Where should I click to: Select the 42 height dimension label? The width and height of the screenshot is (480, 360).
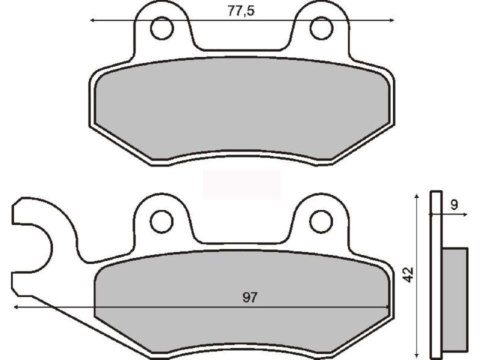tap(409, 274)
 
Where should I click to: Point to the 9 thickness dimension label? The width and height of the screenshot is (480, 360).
tap(454, 204)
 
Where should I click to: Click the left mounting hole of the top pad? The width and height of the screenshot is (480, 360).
tap(161, 28)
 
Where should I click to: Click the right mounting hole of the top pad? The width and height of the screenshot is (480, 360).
tap(321, 28)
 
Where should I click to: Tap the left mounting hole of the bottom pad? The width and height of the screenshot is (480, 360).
tap(161, 221)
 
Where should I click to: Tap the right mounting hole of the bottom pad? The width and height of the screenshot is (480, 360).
tap(321, 221)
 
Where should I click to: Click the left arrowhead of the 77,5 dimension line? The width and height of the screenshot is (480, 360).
tap(92, 20)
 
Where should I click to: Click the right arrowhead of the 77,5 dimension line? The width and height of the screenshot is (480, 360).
tap(392, 20)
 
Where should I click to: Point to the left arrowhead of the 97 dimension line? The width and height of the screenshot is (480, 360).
tap(16, 307)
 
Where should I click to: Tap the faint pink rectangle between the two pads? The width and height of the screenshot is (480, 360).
tap(242, 184)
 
